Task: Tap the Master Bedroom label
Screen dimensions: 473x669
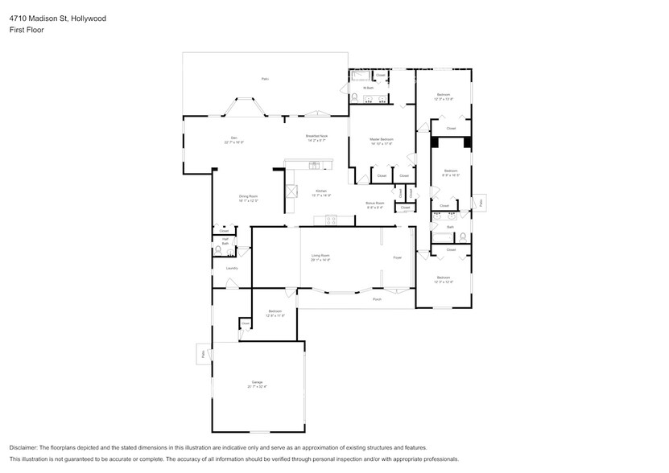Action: [381, 139]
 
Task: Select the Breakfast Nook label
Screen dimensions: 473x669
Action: [316, 136]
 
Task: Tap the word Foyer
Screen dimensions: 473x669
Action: [397, 257]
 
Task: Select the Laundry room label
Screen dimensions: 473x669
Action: [232, 269]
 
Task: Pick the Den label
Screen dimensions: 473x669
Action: [234, 138]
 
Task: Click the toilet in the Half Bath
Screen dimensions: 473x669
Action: [218, 251]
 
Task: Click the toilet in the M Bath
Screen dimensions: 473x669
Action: [355, 97]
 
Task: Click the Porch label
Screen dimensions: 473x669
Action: [376, 298]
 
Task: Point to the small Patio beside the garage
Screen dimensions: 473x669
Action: [201, 354]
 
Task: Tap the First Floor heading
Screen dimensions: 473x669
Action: [27, 30]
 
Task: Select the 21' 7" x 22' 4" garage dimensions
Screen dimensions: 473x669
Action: [258, 387]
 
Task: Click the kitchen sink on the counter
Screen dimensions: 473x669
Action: [313, 165]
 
